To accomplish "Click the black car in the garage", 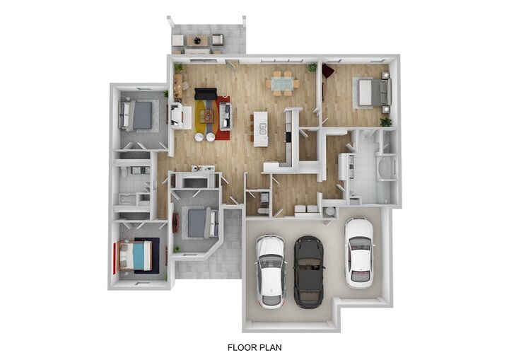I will click(x=308, y=272).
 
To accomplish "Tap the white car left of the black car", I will click(x=271, y=269).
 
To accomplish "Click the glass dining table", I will click(x=282, y=83).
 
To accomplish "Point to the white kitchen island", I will click(x=260, y=128).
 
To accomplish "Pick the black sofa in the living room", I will click(x=206, y=95).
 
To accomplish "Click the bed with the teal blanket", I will click(x=139, y=255).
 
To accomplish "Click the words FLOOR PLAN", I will click(x=255, y=347).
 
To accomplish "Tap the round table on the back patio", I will click(x=197, y=40).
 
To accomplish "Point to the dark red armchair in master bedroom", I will click(x=327, y=71).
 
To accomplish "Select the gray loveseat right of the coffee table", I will click(x=225, y=113).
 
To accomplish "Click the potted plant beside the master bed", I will click(x=385, y=122).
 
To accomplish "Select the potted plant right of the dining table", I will click(x=312, y=67).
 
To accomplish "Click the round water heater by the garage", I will click(x=330, y=211).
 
